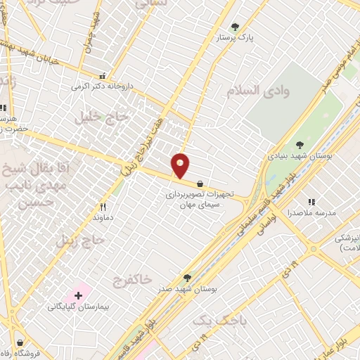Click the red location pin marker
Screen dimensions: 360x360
tap(181, 165)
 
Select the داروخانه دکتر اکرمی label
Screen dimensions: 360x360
tap(101, 88)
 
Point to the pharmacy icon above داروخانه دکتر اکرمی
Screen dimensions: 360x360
tap(103, 77)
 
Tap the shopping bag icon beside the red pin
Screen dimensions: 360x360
tap(201, 183)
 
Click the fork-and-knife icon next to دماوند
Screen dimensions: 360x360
tap(103, 207)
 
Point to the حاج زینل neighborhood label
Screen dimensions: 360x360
tap(84, 240)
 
